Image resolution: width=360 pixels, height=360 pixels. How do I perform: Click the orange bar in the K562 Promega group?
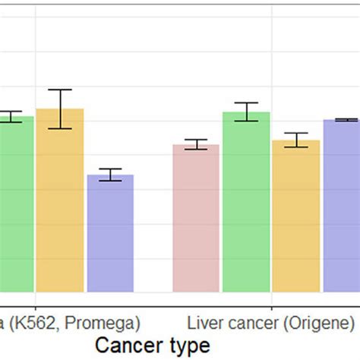[60, 201]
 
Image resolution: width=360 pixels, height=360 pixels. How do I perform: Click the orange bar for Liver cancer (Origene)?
[296, 216]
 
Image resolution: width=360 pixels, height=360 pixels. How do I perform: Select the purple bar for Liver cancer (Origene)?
[341, 206]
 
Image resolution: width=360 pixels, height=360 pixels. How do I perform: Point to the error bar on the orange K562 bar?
[60, 109]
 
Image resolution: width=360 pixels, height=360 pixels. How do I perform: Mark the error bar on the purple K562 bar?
[110, 175]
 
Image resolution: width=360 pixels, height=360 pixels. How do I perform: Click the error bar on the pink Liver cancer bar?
[196, 144]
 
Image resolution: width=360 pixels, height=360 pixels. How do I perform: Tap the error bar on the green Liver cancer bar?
[246, 112]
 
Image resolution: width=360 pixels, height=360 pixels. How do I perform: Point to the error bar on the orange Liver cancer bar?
[296, 140]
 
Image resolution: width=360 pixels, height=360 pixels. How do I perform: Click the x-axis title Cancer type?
[152, 346]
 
